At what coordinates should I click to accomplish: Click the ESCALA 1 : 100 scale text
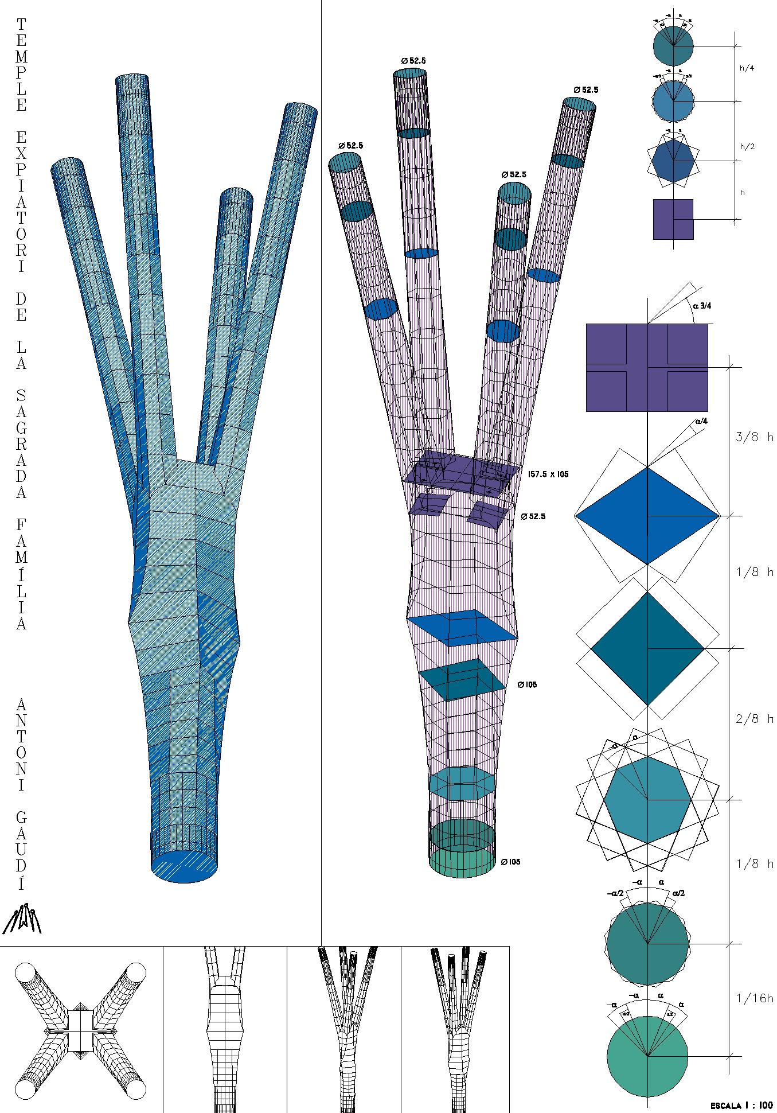(741, 1105)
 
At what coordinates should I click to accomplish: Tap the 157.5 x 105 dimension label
(548, 474)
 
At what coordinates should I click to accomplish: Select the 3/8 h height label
(754, 437)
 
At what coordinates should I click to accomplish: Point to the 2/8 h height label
(754, 718)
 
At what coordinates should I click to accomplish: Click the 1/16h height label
(754, 999)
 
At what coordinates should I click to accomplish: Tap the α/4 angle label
(701, 421)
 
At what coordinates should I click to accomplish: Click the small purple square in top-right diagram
(673, 219)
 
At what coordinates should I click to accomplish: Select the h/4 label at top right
(747, 68)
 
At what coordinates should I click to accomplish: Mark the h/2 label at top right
(747, 146)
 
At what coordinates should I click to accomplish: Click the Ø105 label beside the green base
(510, 862)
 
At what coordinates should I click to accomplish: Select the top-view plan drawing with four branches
(80, 1030)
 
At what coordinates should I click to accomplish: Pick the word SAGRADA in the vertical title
(21, 442)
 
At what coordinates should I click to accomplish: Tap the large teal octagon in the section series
(647, 799)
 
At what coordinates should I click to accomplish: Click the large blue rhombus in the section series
(647, 516)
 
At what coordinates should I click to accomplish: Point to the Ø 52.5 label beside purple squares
(533, 516)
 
